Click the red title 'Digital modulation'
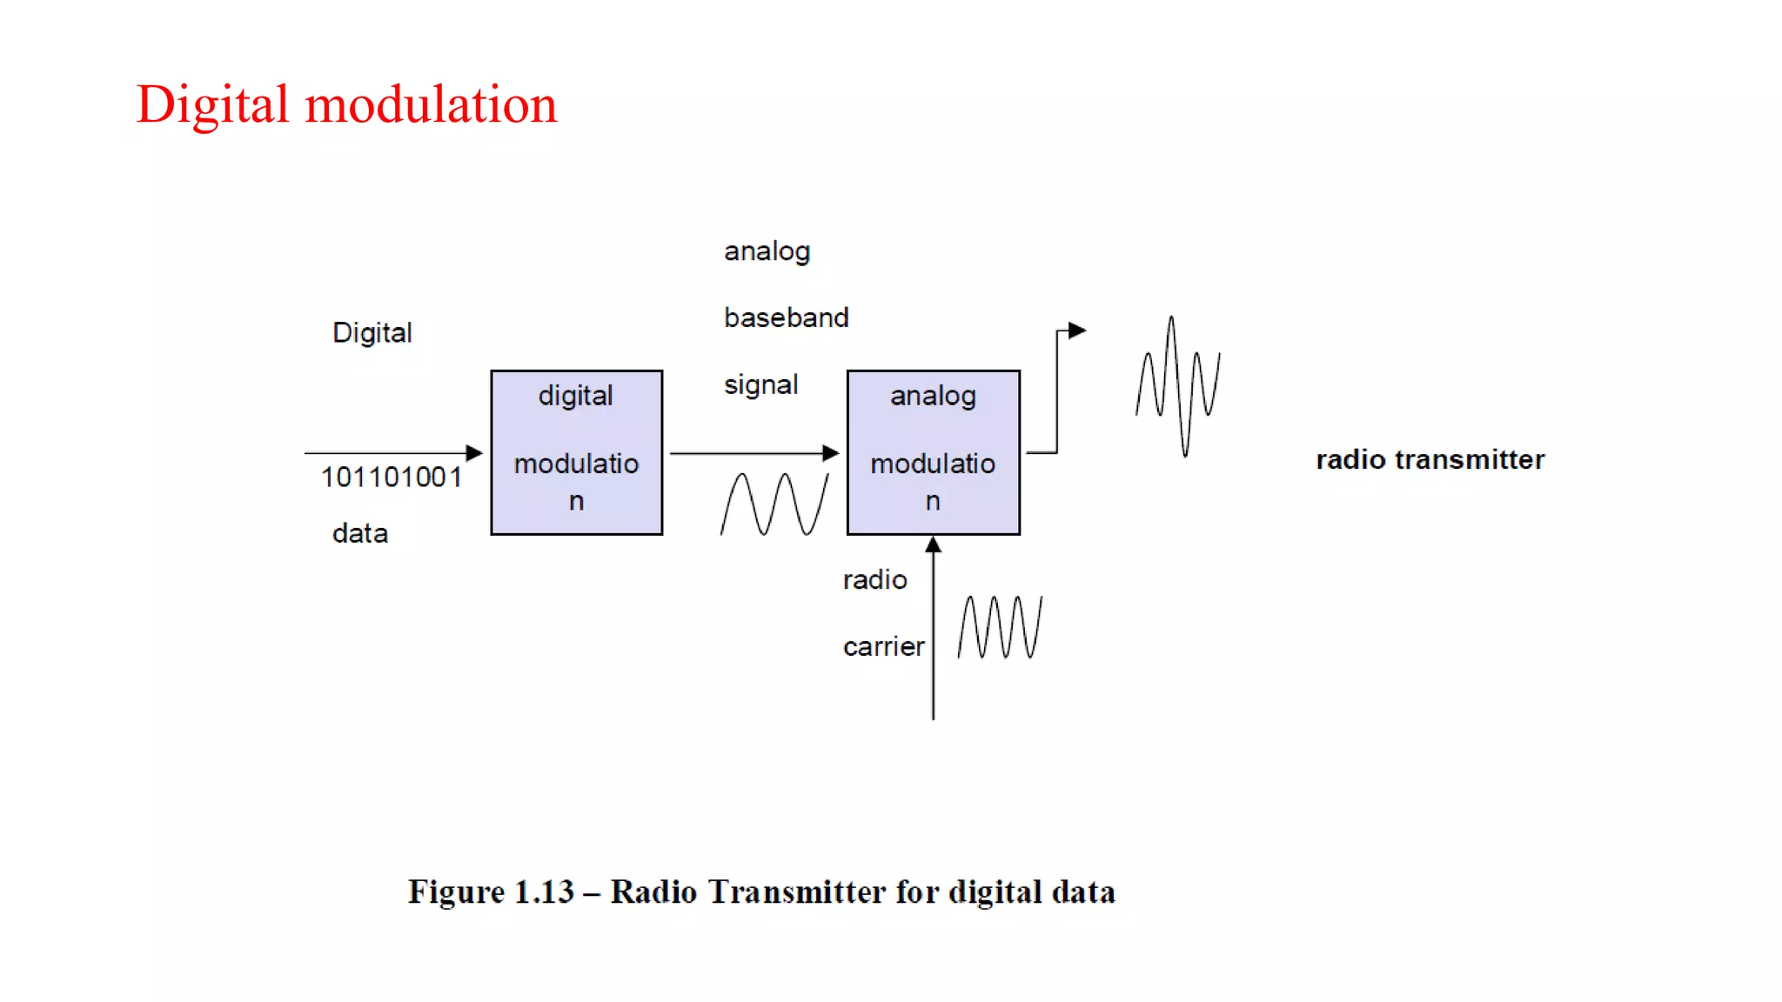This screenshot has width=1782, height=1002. [346, 105]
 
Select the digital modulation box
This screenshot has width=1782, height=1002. [576, 452]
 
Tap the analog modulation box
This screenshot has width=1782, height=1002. [933, 452]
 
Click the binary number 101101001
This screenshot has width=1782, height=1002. [392, 478]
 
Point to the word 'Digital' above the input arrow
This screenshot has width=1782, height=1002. [372, 332]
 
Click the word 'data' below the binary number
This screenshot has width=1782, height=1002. [360, 533]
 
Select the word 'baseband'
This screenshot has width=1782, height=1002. [786, 317]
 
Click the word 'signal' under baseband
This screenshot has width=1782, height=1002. [760, 384]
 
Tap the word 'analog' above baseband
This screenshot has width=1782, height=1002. [767, 251]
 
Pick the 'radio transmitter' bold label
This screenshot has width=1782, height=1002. [1430, 459]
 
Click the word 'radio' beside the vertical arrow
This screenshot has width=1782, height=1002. [874, 579]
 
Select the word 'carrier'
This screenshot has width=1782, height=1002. [883, 646]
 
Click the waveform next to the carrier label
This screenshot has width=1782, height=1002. [1000, 626]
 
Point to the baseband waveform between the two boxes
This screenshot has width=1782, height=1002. [774, 504]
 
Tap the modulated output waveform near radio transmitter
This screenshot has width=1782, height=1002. [1178, 386]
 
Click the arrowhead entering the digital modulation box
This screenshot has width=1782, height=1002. [474, 452]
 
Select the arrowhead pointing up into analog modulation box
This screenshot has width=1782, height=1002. [933, 544]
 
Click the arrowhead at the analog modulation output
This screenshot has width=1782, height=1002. [1077, 331]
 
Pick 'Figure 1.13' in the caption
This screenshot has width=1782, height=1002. [491, 892]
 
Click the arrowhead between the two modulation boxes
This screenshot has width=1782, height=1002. [830, 452]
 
